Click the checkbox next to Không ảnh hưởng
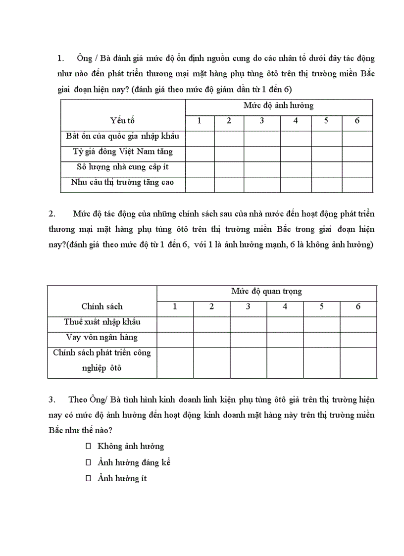tap(89, 446)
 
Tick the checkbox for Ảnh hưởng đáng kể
tap(89, 462)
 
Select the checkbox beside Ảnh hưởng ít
tap(89, 479)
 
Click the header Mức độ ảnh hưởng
tap(279, 105)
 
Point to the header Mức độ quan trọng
tap(267, 292)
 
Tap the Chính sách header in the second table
tap(102, 306)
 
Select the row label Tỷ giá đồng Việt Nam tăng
tap(123, 152)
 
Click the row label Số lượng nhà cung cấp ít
tap(123, 167)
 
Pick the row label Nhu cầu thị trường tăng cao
tap(123, 183)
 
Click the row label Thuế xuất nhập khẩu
tap(102, 322)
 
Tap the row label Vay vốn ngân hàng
tap(102, 337)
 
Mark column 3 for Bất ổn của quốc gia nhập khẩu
tap(262, 137)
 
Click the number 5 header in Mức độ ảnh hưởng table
tap(326, 121)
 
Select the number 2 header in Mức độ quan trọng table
tap(211, 306)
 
